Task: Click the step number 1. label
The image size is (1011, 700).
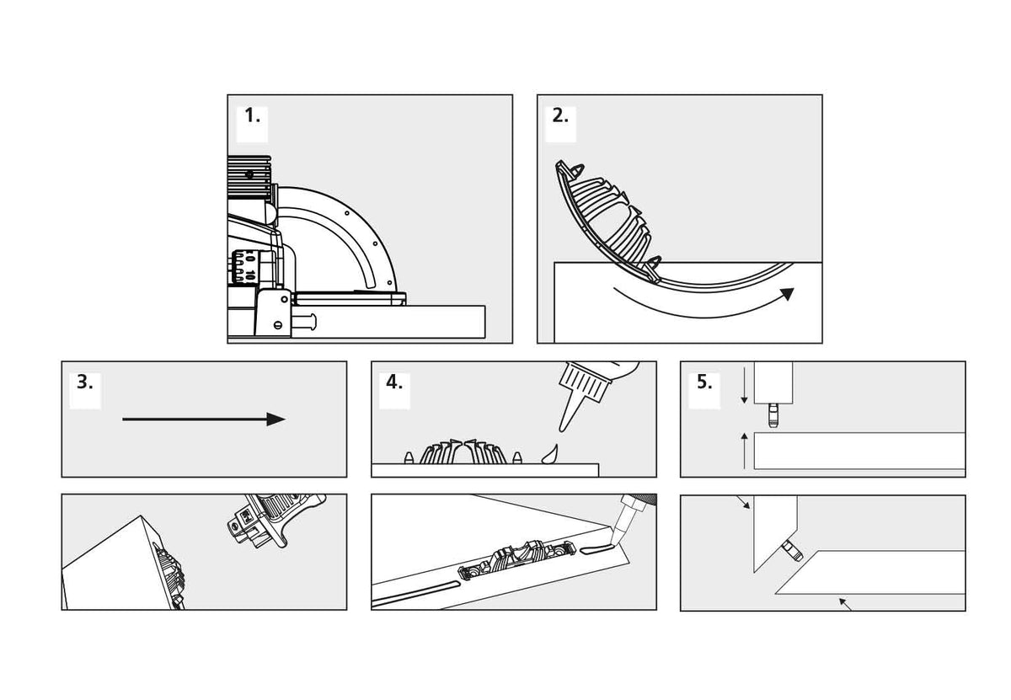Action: [252, 116]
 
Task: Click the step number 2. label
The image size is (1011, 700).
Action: [560, 116]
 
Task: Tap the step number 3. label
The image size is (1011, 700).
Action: [85, 382]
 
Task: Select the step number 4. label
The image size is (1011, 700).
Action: [394, 382]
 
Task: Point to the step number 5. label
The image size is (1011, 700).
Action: [704, 382]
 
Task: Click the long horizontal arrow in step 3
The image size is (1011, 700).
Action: [204, 419]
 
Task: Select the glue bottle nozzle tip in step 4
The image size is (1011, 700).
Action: [563, 429]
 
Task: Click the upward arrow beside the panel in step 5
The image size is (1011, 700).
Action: [745, 451]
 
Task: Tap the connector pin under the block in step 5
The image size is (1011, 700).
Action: [773, 415]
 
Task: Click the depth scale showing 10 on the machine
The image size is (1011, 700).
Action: [244, 268]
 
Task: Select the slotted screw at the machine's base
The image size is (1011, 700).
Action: [278, 324]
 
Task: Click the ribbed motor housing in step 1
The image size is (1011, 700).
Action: [249, 177]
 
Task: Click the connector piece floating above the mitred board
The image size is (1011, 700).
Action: [275, 520]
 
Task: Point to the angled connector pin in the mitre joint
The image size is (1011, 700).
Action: [793, 551]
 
